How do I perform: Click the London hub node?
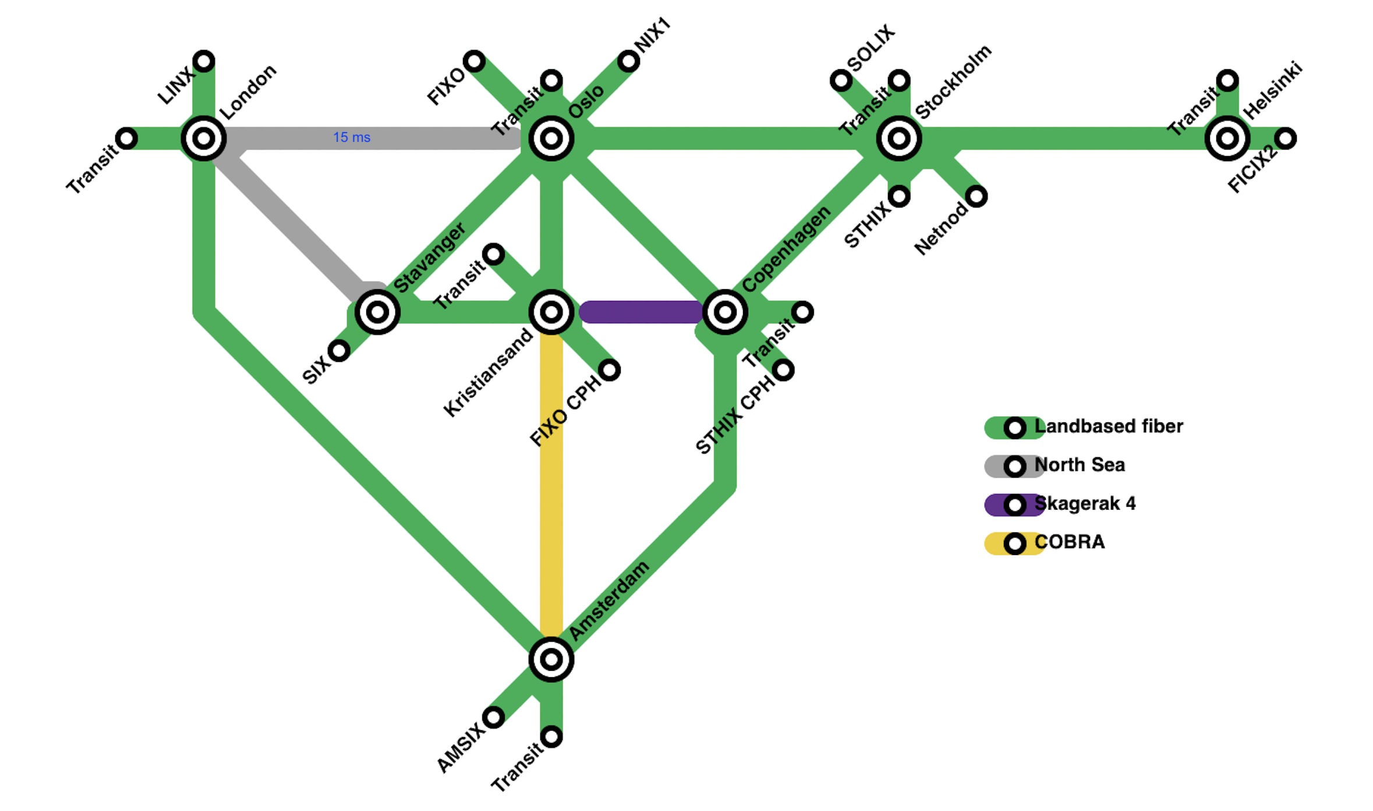(x=203, y=138)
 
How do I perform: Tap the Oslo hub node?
(x=551, y=138)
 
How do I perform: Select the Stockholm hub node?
(x=898, y=138)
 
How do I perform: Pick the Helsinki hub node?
(x=1227, y=138)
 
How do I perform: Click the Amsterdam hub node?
(x=551, y=659)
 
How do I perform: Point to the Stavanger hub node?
(x=377, y=312)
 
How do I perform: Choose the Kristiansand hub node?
(x=551, y=312)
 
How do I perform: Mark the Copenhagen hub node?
(x=724, y=312)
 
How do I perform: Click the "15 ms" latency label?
(x=352, y=137)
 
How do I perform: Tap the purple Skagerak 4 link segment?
(x=641, y=312)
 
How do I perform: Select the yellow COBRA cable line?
(x=551, y=483)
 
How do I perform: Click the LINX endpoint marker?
(x=203, y=61)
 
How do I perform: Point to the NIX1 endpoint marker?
(x=628, y=61)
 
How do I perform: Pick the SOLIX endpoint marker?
(x=841, y=80)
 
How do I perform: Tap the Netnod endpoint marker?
(x=976, y=197)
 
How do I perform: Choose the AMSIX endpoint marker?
(x=493, y=717)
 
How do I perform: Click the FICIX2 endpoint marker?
(x=1285, y=138)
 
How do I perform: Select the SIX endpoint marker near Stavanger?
(x=338, y=351)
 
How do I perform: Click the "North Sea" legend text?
(x=1080, y=465)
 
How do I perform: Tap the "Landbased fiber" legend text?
(x=1109, y=426)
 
